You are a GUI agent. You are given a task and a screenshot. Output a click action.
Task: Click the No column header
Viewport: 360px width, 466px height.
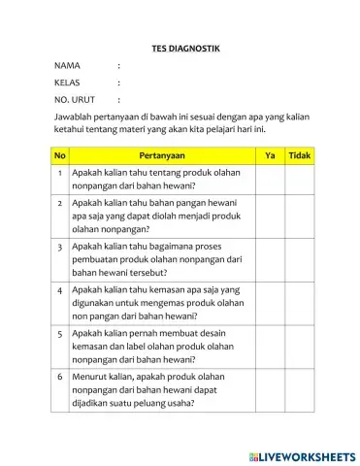click(60, 154)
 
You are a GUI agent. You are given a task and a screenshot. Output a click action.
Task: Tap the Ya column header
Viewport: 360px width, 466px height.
click(270, 154)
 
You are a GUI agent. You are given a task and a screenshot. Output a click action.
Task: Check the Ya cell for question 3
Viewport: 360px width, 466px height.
click(270, 259)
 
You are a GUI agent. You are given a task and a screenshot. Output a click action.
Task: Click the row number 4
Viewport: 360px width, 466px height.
click(60, 289)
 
